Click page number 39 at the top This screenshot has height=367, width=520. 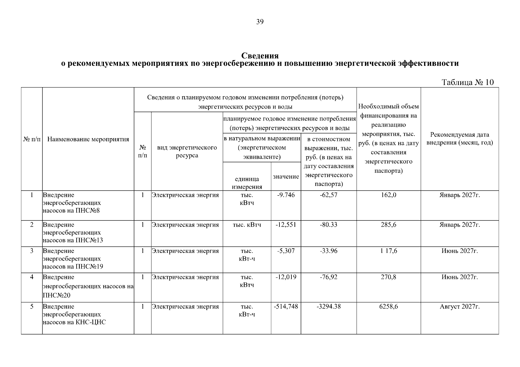pyautogui.click(x=260, y=22)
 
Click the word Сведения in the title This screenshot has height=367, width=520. pyautogui.click(x=260, y=56)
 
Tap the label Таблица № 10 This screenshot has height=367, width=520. pyautogui.click(x=468, y=82)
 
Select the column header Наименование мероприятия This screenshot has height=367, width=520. pyautogui.click(x=88, y=139)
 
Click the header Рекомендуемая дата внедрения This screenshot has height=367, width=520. pyautogui.click(x=460, y=139)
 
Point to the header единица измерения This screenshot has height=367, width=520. pyautogui.click(x=247, y=183)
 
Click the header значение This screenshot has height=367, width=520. pyautogui.click(x=286, y=176)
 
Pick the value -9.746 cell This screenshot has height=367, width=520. pyautogui.click(x=286, y=195)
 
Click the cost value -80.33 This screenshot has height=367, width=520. pyautogui.click(x=328, y=225)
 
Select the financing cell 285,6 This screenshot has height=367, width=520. pyautogui.click(x=388, y=225)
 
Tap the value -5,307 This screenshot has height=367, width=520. pyautogui.click(x=286, y=251)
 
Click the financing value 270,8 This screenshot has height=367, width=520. pyautogui.click(x=388, y=277)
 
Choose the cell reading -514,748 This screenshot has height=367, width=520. pyautogui.click(x=286, y=307)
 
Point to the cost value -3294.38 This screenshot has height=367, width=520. pyautogui.click(x=328, y=307)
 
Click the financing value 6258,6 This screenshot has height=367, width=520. pyautogui.click(x=388, y=307)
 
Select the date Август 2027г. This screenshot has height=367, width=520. pyautogui.click(x=459, y=307)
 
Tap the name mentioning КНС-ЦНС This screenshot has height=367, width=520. pyautogui.click(x=74, y=322)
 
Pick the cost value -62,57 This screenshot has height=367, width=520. pyautogui.click(x=328, y=195)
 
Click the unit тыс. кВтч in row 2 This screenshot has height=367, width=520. pyautogui.click(x=247, y=225)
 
